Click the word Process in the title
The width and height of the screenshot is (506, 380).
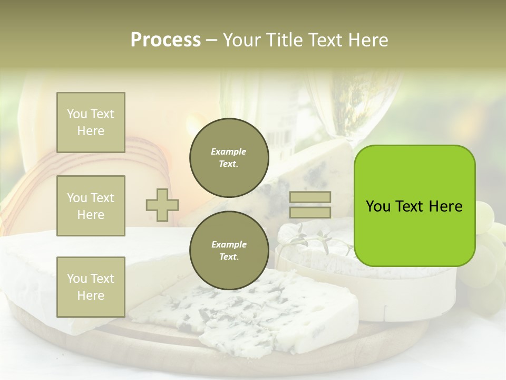tap(166, 40)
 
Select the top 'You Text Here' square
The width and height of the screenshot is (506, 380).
tap(91, 122)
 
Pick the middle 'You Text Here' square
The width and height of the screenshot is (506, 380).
tap(91, 206)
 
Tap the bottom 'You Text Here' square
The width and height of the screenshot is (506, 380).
tap(91, 287)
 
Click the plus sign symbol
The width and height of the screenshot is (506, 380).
tap(162, 205)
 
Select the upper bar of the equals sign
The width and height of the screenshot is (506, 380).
tap(310, 197)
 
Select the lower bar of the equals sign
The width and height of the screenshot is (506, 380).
tap(310, 213)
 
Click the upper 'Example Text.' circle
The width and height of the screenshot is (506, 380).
tap(229, 157)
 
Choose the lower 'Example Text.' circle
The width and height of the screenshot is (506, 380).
tap(229, 250)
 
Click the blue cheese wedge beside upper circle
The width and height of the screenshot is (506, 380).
tap(311, 169)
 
